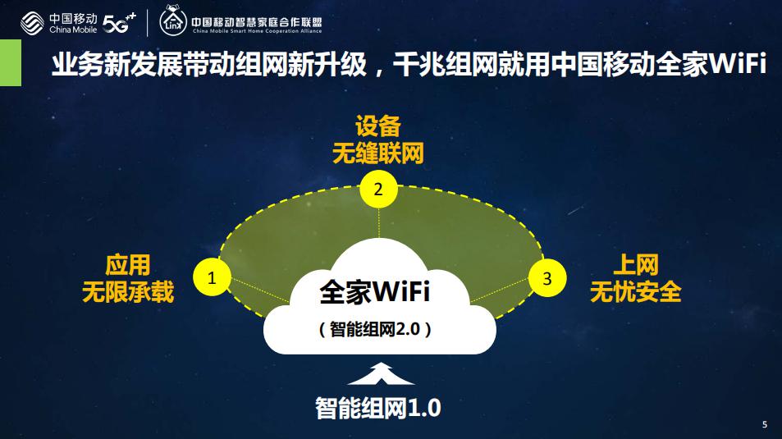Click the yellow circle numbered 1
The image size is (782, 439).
tap(212, 277)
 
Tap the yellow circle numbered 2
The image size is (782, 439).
tap(378, 189)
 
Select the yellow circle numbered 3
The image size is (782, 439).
tap(547, 278)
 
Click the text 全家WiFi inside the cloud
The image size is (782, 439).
tap(374, 291)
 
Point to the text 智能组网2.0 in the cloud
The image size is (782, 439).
tap(375, 329)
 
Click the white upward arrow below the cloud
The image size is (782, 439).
tap(381, 373)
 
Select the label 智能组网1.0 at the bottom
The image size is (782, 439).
tap(378, 408)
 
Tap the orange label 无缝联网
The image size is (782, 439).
tap(378, 153)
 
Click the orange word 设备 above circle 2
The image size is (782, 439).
tap(378, 126)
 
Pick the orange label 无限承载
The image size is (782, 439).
tap(128, 292)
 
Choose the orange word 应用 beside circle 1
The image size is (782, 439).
tap(128, 265)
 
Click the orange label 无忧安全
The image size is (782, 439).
tap(636, 292)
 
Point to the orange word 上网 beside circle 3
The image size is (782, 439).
tap(636, 265)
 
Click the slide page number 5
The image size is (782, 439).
tap(765, 424)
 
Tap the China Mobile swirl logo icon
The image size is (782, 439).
tap(33, 24)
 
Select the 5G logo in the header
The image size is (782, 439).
tap(119, 23)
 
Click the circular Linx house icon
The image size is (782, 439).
tap(173, 21)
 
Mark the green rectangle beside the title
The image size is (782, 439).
tap(11, 63)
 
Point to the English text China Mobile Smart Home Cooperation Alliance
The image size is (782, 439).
tap(257, 31)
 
